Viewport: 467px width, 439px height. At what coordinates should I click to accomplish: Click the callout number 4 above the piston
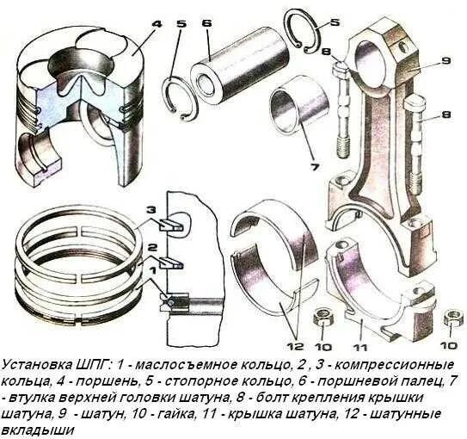[156, 23]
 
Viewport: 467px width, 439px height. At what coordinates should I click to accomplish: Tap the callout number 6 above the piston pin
[206, 23]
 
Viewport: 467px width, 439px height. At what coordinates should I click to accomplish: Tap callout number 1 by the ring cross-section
[152, 269]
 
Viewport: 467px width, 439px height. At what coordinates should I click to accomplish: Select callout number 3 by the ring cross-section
[151, 210]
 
